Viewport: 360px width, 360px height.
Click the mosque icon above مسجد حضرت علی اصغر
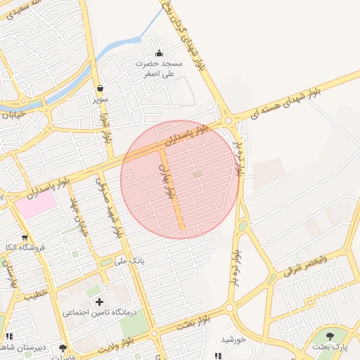pos(159,53)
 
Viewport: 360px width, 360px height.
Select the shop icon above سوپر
pos(101,89)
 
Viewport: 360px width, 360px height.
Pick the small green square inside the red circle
pos(198,174)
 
